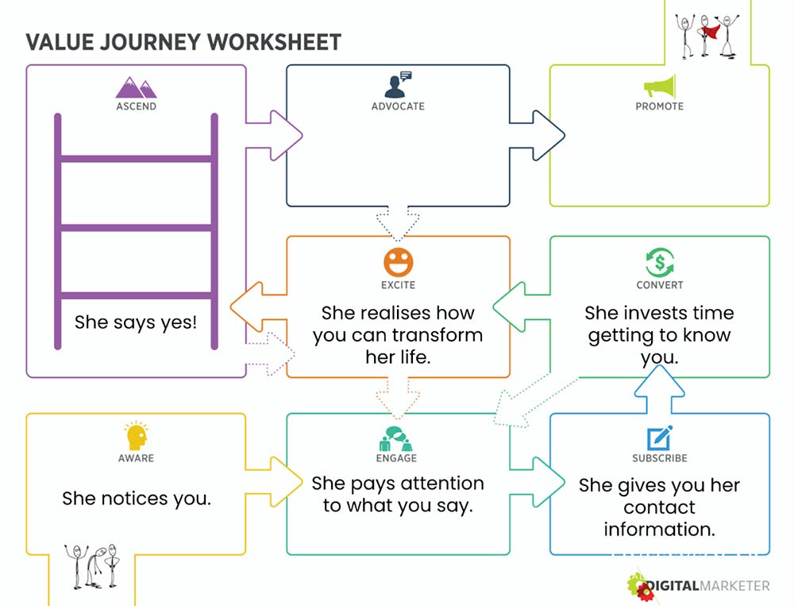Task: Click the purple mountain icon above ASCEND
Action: [x=136, y=87]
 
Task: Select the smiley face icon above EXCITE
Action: [x=398, y=262]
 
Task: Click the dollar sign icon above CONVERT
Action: [x=659, y=262]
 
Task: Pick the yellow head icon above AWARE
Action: [x=136, y=436]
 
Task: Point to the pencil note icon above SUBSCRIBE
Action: [x=659, y=438]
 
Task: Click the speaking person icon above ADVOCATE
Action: [x=398, y=84]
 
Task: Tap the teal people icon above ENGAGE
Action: [x=396, y=438]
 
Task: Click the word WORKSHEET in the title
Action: [x=274, y=42]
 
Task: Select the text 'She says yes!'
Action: [x=136, y=322]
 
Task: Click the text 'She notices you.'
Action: [x=137, y=499]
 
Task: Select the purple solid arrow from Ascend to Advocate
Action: [x=274, y=135]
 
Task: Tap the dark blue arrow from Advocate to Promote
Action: [x=537, y=135]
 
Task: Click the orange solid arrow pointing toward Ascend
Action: [x=258, y=307]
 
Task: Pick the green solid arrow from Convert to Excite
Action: [x=522, y=307]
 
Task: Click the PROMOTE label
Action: [x=659, y=106]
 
